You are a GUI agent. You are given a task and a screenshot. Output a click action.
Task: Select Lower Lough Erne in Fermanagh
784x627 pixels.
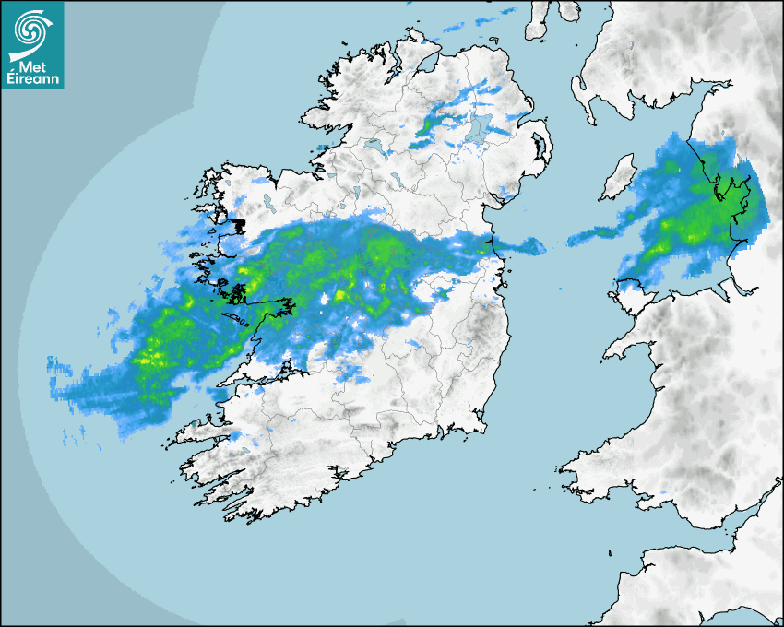374,145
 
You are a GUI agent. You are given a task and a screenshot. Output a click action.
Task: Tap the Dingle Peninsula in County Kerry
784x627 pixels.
198,430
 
